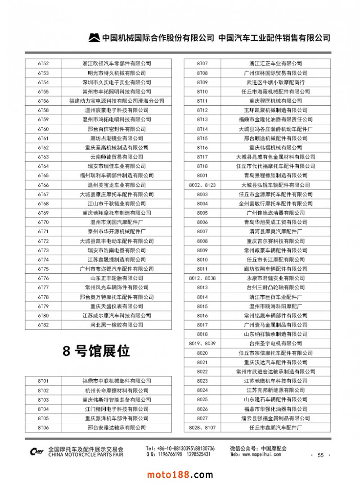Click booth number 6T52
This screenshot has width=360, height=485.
click(x=43, y=63)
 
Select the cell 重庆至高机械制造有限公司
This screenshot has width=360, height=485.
click(x=117, y=148)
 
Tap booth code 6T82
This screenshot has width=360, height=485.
click(x=43, y=325)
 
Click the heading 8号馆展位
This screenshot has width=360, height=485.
click(x=96, y=351)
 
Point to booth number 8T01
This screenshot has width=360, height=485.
click(x=43, y=381)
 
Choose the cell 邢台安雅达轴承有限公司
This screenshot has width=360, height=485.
click(x=117, y=427)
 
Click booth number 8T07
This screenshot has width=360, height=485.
click(x=202, y=63)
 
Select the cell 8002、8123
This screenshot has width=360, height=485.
click(x=202, y=185)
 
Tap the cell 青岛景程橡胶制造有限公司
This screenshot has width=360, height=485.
click(x=275, y=176)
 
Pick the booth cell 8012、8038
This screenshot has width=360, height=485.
click(x=202, y=278)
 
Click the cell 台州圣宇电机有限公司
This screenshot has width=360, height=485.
click(x=275, y=344)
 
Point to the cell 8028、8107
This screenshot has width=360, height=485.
click(x=202, y=427)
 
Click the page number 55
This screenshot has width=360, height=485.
click(x=320, y=455)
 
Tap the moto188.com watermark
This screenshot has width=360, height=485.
click(x=180, y=475)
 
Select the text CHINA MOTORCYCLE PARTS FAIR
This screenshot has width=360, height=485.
click(x=85, y=455)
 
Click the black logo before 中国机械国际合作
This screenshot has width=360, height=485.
click(x=94, y=38)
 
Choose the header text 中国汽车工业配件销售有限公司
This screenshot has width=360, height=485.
click(x=274, y=38)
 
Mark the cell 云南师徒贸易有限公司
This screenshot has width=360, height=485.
click(x=117, y=157)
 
